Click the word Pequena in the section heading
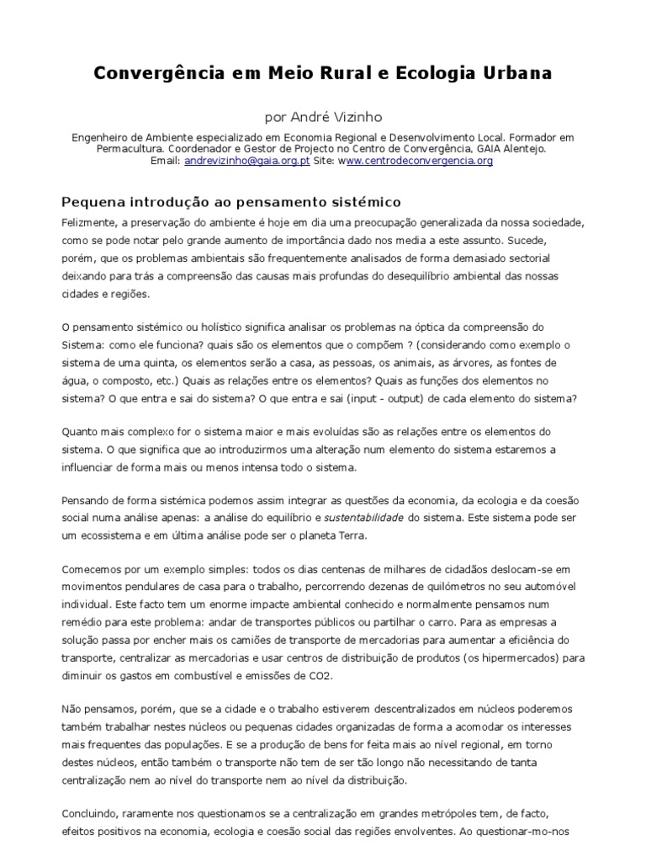pyautogui.click(x=93, y=203)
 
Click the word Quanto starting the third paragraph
pyautogui.click(x=80, y=430)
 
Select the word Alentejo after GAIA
pyautogui.click(x=523, y=147)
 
